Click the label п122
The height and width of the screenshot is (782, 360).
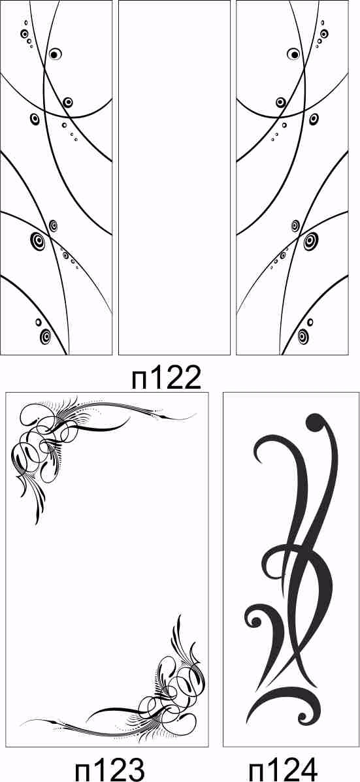167,378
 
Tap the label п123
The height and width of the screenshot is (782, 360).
110,768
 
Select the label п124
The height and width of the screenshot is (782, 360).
283,768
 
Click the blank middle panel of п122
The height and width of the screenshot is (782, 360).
174,178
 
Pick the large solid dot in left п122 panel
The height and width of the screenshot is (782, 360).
54,54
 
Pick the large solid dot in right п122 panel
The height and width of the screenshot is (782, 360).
295,54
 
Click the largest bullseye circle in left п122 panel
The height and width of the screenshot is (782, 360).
38,241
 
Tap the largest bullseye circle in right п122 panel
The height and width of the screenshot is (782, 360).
310,241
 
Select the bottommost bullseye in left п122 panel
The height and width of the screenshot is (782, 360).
46,336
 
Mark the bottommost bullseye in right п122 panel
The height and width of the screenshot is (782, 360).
303,336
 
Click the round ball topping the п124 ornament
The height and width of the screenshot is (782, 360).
315,423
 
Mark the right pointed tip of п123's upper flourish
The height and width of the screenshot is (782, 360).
196,414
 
